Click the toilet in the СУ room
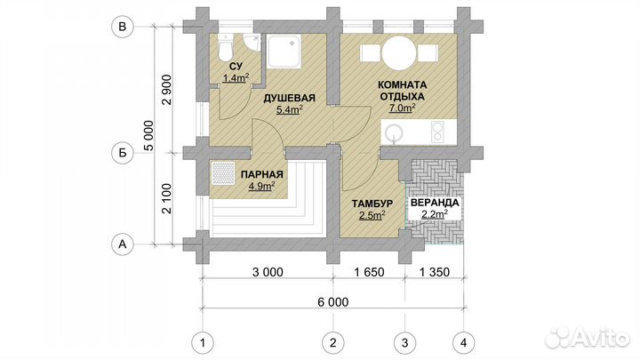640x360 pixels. point(225,47)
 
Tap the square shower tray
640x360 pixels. point(284,51)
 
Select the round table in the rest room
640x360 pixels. point(399,53)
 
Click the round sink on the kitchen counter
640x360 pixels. point(395,133)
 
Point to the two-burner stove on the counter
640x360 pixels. point(437,132)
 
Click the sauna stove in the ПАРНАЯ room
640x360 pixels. point(223,173)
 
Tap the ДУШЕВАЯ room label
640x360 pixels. point(289,99)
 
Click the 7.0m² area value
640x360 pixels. point(402,108)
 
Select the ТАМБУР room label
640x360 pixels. point(372,204)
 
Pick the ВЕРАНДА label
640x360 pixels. point(435,203)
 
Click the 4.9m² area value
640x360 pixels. point(261,186)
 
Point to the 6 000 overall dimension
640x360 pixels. point(333,302)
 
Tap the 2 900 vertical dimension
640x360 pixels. point(166,90)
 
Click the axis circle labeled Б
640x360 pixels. point(122,153)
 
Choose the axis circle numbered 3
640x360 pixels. point(405,342)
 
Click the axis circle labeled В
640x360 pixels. point(122,27)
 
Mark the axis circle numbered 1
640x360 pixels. point(203,342)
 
